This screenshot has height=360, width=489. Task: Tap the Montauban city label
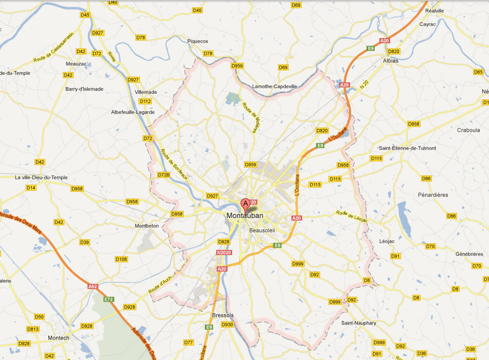[x=245, y=216]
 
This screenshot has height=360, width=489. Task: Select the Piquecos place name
[x=198, y=41]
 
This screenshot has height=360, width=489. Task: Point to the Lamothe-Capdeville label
[x=275, y=86]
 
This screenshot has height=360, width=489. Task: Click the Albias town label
[x=391, y=60]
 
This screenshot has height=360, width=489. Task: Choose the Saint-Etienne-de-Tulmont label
[x=407, y=148]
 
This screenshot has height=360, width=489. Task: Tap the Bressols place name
[x=223, y=315]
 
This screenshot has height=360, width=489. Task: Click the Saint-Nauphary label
[x=359, y=323]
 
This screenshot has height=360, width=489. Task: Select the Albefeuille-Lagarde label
[x=132, y=112]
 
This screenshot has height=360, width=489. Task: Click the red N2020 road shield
[x=224, y=253]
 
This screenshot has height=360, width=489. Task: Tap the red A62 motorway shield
[x=93, y=286]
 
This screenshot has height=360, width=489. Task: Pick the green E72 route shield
[x=109, y=299]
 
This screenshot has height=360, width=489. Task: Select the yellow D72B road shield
[x=164, y=175]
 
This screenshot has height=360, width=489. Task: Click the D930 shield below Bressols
[x=228, y=325]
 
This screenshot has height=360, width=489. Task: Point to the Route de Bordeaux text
[x=173, y=165]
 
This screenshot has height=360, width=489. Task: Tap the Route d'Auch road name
[x=160, y=283]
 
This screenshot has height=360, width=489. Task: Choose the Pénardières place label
[x=433, y=195]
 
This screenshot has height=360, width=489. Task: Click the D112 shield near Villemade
[x=146, y=101]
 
